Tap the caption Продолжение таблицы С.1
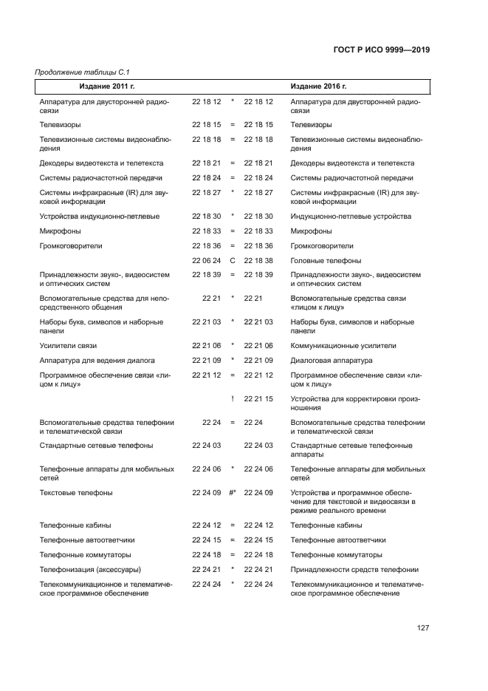(78, 72)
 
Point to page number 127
(422, 627)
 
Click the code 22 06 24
(207, 261)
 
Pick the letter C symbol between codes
(232, 261)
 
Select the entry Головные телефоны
(326, 261)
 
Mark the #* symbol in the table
(232, 492)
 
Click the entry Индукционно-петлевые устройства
(351, 217)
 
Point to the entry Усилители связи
(68, 345)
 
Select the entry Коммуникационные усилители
(343, 345)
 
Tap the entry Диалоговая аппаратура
(331, 361)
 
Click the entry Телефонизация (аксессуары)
(89, 569)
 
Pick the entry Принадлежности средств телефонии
(354, 569)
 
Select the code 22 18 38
(258, 261)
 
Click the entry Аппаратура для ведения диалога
(97, 361)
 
